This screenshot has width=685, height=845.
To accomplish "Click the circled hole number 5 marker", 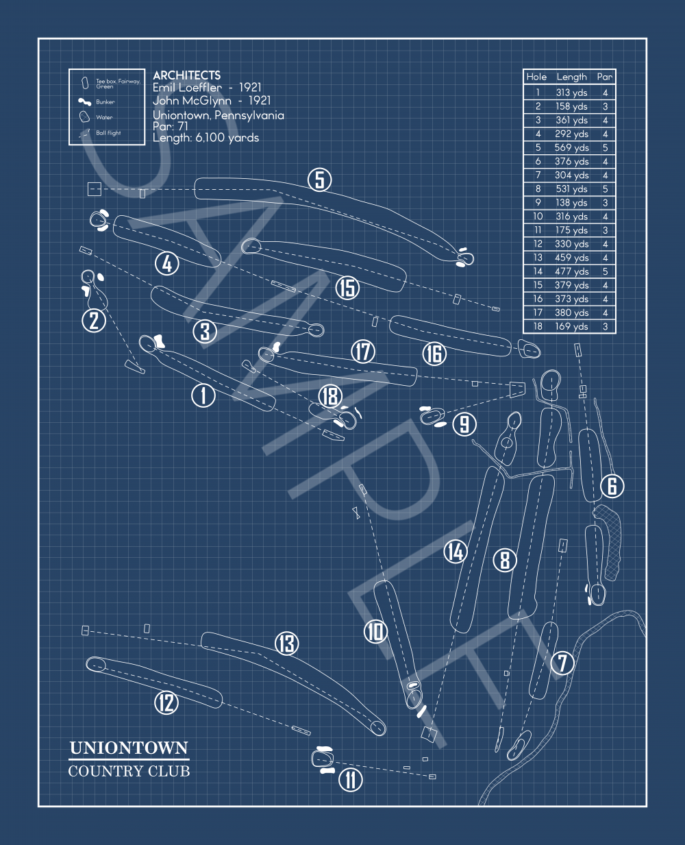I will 319,180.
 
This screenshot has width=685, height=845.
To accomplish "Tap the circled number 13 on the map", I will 286,644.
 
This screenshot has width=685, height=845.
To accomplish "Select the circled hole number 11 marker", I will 350,779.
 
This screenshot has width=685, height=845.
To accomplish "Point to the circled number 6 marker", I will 612,486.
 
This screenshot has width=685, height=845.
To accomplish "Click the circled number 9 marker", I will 464,424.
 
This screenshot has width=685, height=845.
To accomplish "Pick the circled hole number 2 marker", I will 94,320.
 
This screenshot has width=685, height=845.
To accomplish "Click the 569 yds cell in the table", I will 571,147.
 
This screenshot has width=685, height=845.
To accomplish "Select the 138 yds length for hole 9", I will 571,203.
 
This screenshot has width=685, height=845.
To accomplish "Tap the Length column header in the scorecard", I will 571,77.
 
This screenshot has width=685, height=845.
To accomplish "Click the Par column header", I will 604,77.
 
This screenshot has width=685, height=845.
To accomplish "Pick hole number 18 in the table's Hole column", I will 538,327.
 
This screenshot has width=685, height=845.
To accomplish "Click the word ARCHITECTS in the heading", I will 186,75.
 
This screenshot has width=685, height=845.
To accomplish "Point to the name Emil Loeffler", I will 187,88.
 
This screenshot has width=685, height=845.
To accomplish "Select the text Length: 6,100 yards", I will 206,138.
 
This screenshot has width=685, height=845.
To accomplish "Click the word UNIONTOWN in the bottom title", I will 129,748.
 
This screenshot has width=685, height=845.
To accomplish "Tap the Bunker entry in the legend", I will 105,102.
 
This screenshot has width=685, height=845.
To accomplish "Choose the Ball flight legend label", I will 108,133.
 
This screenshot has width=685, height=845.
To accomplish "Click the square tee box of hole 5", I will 94,189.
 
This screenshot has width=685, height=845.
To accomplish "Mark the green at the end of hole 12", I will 95,663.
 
